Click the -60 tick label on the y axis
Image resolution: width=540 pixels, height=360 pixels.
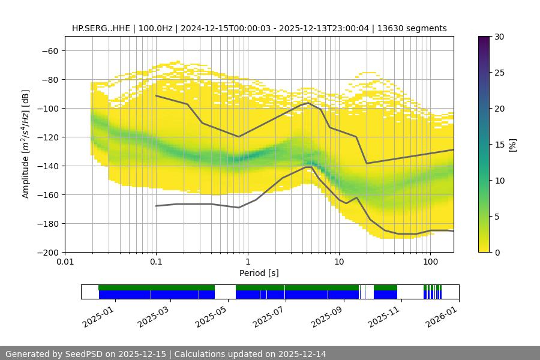(x=49, y=50)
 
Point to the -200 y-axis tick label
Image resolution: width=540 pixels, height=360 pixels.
(x=47, y=252)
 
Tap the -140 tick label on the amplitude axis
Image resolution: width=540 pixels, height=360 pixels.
(x=47, y=166)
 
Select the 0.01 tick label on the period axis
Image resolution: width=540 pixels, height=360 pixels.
(x=65, y=262)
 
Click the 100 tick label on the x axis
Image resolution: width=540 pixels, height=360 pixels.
(x=430, y=262)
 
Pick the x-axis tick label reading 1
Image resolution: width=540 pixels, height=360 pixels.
(x=247, y=262)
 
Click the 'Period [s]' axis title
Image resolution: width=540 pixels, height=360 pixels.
(x=259, y=273)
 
